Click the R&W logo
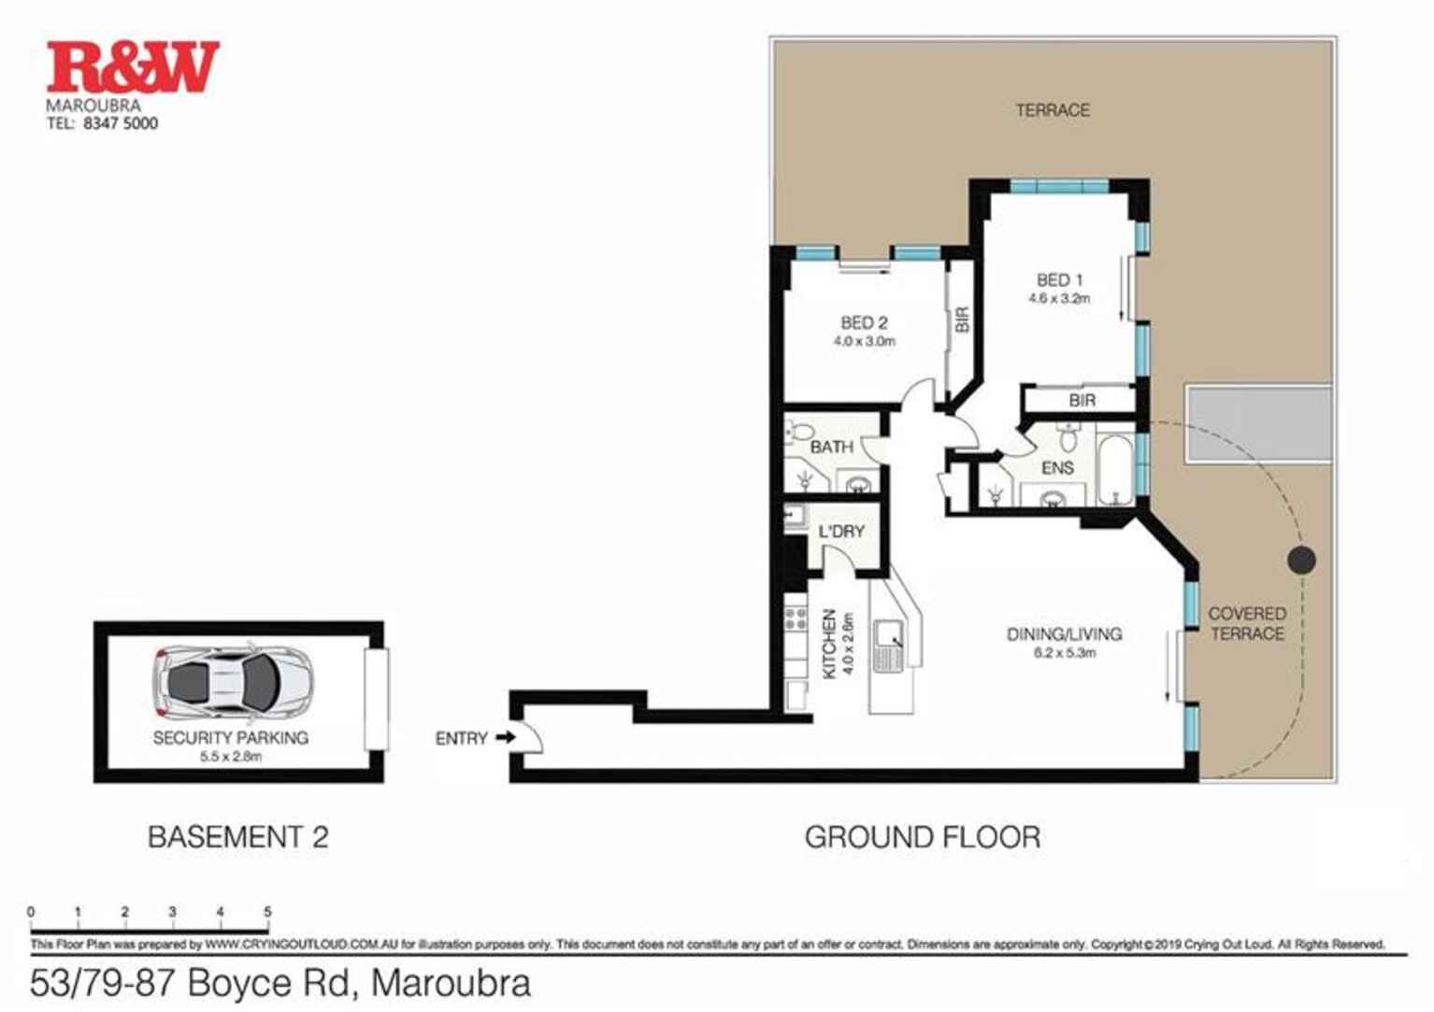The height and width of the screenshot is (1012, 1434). coord(133,66)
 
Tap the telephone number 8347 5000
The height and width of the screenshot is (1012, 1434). coord(121,123)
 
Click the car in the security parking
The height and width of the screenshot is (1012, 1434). coord(233,680)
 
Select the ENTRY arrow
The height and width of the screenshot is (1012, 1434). coord(505,737)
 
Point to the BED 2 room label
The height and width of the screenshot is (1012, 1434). coord(864,322)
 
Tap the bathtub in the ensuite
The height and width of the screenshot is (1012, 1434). coord(1114,467)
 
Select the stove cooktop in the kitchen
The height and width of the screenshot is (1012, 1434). coord(796,618)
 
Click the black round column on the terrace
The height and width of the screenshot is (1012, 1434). coord(1301,560)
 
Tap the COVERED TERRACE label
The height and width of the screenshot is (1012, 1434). coord(1247,623)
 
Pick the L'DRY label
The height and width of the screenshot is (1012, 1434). coord(841,531)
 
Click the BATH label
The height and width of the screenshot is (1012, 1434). coord(831,447)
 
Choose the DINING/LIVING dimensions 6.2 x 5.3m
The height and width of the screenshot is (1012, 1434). coord(1064,653)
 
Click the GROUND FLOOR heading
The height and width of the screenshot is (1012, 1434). coord(922,836)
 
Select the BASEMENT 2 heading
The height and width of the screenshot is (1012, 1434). coord(238,836)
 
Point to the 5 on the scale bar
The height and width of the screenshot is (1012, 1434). coord(267,912)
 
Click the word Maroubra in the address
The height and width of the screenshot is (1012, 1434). coord(452,983)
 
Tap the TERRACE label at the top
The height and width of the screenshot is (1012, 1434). coord(1053,109)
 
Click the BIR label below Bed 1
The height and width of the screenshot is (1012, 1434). coord(1082,400)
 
